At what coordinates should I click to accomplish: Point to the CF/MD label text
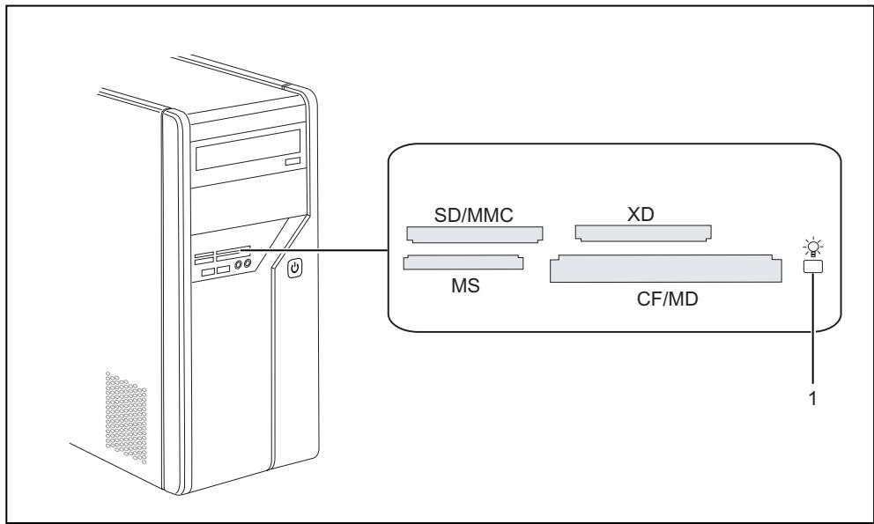tap(667, 299)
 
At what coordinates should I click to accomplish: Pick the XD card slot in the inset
tap(643, 233)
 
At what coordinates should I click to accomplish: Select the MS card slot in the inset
tap(463, 262)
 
